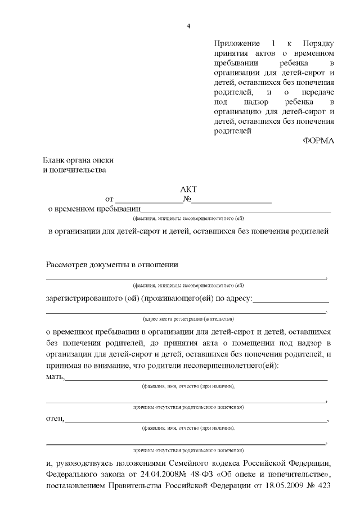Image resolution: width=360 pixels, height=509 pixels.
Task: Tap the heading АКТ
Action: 188,190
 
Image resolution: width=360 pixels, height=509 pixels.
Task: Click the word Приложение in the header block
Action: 237,44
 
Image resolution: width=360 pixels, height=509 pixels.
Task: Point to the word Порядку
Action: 318,44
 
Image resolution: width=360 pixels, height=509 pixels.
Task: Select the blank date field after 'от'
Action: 149,199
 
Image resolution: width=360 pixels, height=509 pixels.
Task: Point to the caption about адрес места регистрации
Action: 184,317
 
